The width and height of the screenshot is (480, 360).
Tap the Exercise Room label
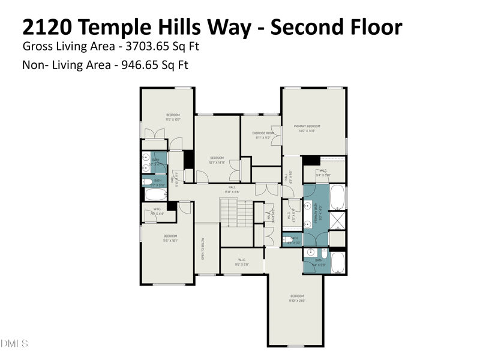(263, 135)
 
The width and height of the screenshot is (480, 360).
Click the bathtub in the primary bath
(337, 196)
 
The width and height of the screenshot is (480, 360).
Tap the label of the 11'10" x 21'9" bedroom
(298, 298)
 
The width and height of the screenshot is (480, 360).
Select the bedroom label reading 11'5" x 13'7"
(173, 117)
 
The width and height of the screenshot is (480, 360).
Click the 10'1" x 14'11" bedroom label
(216, 160)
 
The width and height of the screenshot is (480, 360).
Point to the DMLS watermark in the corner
(14, 344)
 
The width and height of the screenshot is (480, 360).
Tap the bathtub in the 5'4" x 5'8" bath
(337, 262)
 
